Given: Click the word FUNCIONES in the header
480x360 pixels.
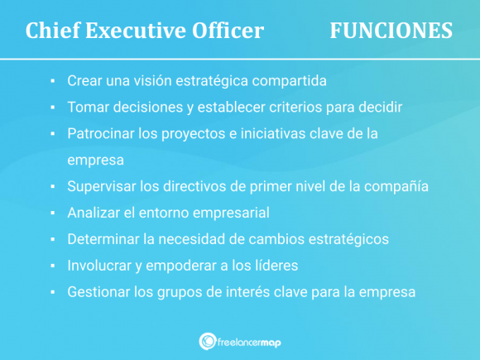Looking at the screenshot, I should [x=391, y=31].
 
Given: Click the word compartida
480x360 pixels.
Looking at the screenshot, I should [x=287, y=82].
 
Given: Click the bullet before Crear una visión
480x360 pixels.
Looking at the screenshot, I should [x=51, y=82].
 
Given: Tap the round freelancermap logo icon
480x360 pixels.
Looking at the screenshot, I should [x=208, y=341].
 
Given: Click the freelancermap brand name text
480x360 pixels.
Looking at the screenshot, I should [x=251, y=341].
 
